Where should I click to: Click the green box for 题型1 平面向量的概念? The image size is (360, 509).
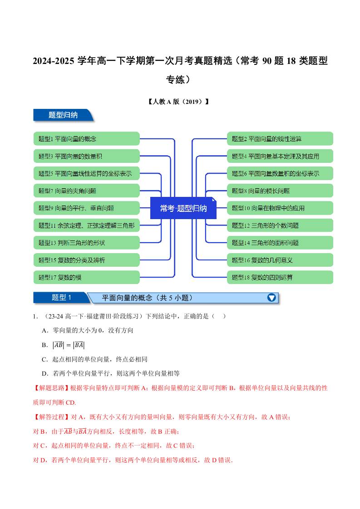(86, 139)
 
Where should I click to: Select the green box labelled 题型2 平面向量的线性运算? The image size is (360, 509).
(280, 139)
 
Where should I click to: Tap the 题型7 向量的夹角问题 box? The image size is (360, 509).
(86, 191)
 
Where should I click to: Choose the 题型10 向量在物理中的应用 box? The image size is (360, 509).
(280, 208)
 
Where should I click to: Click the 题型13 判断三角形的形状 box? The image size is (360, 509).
(86, 243)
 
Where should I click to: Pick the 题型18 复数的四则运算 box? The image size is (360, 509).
(280, 277)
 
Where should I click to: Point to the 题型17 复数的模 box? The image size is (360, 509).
(86, 277)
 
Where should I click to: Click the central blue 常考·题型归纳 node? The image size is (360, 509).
(183, 208)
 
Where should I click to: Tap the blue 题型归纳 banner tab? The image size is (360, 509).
(63, 115)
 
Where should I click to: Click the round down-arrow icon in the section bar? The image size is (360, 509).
(271, 298)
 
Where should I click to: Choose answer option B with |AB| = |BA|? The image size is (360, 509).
(63, 345)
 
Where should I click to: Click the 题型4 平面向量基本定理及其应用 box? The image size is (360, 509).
(280, 156)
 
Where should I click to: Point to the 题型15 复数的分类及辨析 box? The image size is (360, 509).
(86, 260)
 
